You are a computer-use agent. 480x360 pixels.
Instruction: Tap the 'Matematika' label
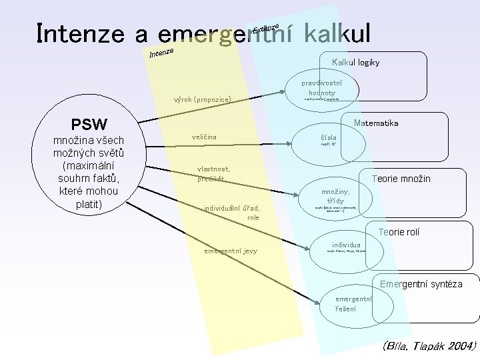coord(377,123)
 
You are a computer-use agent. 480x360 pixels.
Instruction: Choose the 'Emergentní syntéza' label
coord(421,285)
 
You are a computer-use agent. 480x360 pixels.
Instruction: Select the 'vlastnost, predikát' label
coord(213,173)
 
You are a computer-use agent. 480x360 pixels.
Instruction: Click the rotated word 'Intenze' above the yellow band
coord(161,51)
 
